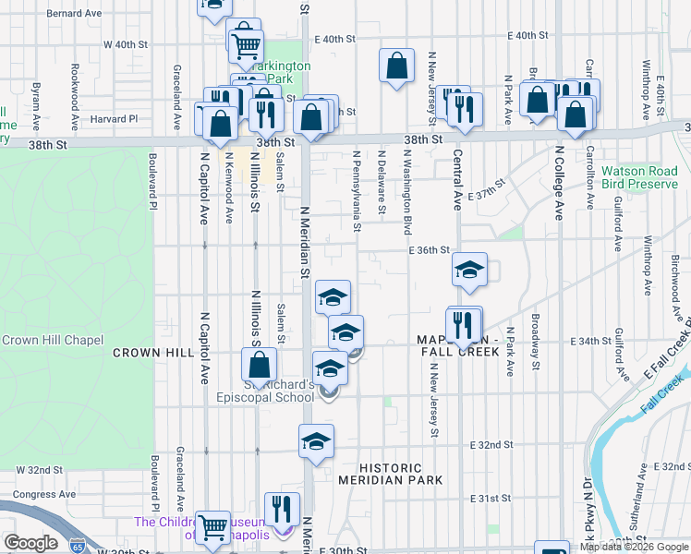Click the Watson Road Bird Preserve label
click(639, 177)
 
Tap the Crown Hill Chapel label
click(52, 340)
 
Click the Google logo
click(30, 543)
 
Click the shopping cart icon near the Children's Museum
click(213, 527)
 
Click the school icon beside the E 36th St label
click(469, 270)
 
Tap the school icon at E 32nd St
click(316, 440)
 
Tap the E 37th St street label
click(488, 195)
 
